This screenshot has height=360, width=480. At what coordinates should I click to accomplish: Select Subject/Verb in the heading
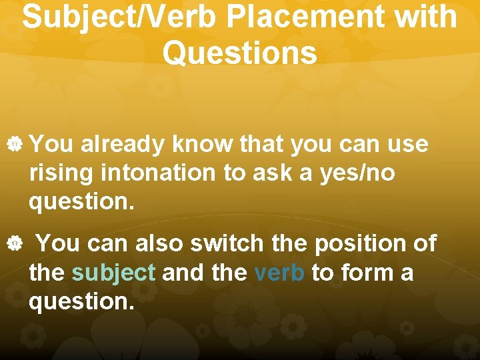pyautogui.click(x=119, y=18)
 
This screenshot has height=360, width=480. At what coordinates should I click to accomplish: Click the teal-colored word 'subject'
pyautogui.click(x=113, y=273)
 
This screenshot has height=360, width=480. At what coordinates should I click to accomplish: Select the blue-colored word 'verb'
pyautogui.click(x=279, y=273)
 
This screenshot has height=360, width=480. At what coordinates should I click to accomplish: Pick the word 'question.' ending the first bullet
pyautogui.click(x=81, y=202)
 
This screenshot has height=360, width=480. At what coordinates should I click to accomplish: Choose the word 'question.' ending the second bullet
pyautogui.click(x=81, y=302)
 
